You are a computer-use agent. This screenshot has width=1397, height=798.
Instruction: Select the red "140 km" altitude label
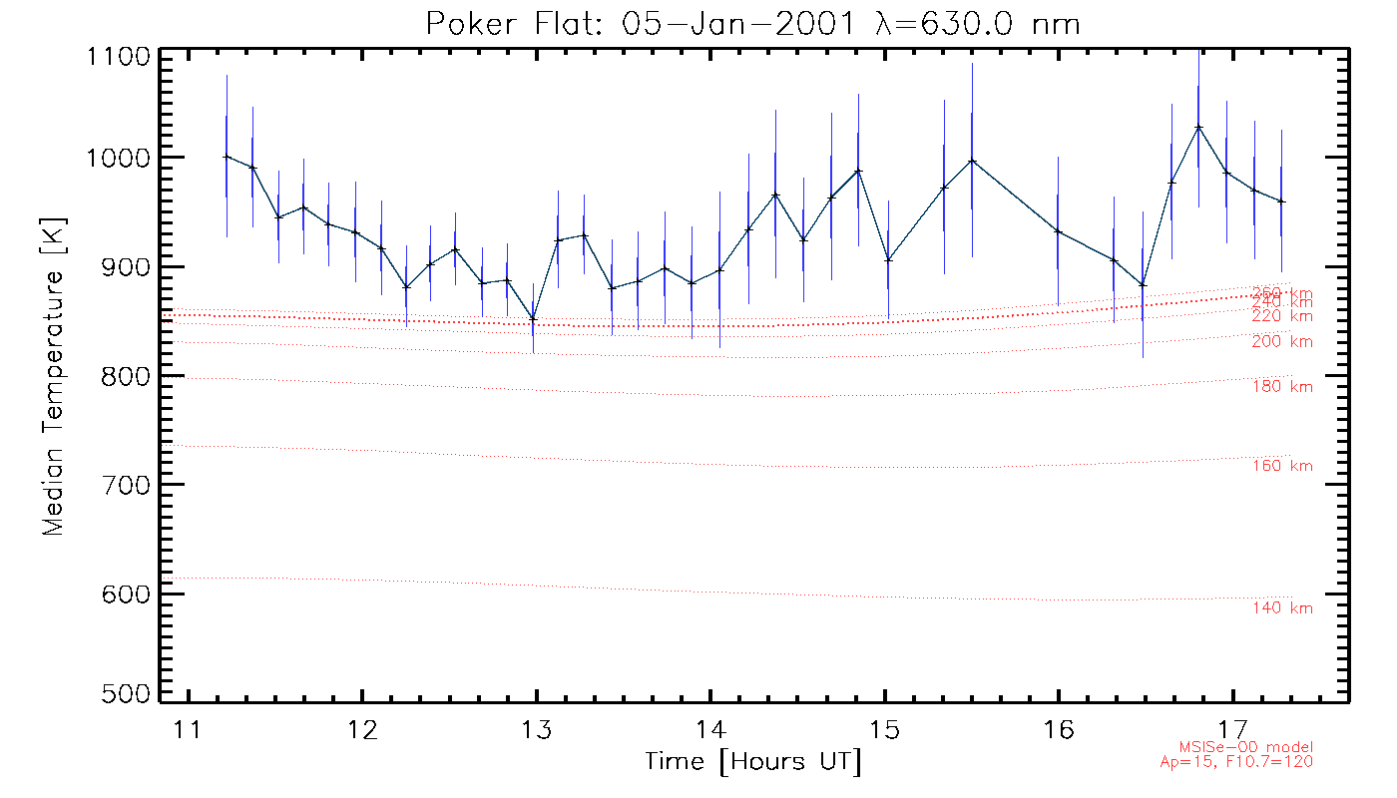click(x=1282, y=608)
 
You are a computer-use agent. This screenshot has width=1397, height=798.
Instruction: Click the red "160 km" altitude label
click(x=1282, y=466)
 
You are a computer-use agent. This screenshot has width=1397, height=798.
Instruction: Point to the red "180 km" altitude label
click(x=1282, y=387)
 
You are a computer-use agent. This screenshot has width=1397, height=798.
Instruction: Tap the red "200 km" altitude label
click(x=1282, y=342)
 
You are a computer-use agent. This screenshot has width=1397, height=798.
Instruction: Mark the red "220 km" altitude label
click(x=1282, y=316)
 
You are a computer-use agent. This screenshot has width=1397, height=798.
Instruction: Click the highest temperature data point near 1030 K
click(x=1198, y=127)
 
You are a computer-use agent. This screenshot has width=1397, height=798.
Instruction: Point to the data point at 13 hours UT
click(x=533, y=318)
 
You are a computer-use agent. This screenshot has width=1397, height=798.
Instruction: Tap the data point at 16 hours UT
click(x=1058, y=231)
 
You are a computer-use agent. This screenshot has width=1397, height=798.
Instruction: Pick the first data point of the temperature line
click(x=227, y=156)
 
